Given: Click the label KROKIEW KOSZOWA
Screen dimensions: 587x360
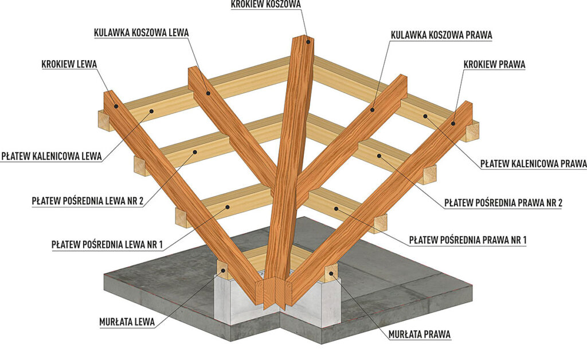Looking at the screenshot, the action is [266, 4].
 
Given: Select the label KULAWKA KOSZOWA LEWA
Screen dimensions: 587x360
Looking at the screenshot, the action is [141, 33].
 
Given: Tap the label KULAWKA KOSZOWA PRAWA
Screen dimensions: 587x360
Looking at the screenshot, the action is [441, 35].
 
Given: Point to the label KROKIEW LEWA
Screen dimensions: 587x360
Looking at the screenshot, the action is [69, 64].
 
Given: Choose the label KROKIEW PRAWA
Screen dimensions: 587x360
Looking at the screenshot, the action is [494, 64].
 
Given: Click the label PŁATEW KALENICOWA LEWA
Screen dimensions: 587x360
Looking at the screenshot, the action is [51, 156].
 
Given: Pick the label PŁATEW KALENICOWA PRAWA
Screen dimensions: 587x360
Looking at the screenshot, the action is [534, 164].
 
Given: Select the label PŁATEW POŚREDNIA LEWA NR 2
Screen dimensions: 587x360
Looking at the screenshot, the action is [88, 201].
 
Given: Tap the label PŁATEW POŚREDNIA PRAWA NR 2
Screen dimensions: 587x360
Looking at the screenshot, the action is [503, 203].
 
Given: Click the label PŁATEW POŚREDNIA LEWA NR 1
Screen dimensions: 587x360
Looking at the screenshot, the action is [107, 245].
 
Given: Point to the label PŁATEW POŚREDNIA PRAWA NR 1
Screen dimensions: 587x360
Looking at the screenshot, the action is [468, 240].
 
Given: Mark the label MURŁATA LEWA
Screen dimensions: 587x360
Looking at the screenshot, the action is [127, 322].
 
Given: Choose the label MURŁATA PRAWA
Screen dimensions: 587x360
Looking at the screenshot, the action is [419, 334].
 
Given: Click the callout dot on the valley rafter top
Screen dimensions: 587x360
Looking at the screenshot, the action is [308, 42].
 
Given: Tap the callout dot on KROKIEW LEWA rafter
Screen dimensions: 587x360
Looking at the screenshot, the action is [116, 106].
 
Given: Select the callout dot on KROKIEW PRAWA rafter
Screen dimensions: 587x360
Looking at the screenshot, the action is [453, 123].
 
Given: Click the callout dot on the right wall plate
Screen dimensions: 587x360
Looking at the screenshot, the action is [331, 273].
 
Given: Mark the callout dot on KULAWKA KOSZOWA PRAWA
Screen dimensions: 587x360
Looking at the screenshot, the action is [373, 109].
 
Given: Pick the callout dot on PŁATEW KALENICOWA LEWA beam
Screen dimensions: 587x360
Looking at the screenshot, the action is [151, 111].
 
